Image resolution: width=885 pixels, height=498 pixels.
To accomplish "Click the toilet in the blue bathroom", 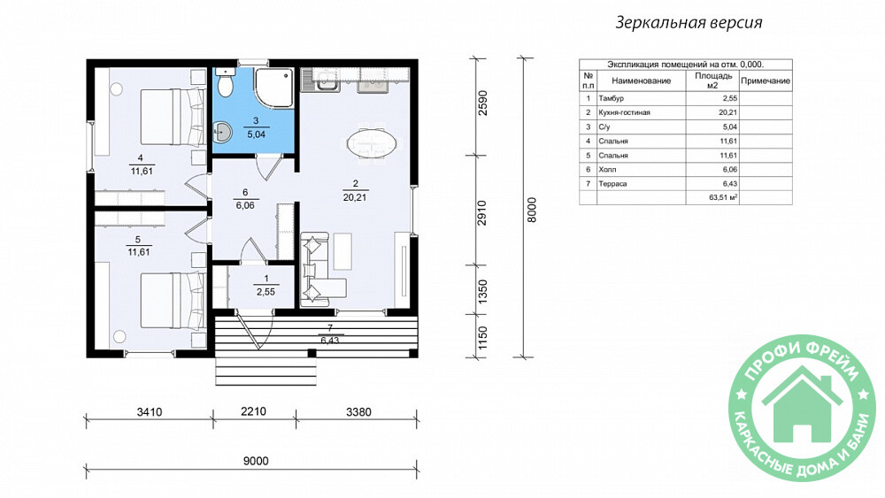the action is click(225, 82).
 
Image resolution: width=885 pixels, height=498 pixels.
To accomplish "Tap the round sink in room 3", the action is click(222, 133).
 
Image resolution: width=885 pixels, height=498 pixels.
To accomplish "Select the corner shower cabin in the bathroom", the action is click(273, 88).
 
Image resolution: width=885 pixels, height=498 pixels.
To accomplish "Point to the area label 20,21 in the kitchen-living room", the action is click(355, 198).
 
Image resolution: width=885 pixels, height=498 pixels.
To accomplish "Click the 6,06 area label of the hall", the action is click(245, 206).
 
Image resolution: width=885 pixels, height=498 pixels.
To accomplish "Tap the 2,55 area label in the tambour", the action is click(265, 292).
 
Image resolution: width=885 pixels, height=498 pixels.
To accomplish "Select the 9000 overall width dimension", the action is click(256, 461).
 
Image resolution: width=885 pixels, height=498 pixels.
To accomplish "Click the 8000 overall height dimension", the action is click(531, 210).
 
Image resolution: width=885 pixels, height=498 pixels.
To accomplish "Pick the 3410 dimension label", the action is click(149, 412).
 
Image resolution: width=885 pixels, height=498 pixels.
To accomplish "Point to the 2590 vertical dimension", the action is click(482, 103).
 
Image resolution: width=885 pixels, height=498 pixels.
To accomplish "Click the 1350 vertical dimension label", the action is click(482, 292).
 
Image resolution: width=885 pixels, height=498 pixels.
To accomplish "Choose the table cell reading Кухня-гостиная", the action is click(624, 112).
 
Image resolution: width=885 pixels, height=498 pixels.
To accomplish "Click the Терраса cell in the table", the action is click(612, 183).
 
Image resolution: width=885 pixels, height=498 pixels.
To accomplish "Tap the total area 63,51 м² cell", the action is click(724, 197).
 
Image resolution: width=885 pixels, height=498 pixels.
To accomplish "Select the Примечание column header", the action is click(766, 80).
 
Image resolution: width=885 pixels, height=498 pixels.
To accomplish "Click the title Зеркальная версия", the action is click(689, 23).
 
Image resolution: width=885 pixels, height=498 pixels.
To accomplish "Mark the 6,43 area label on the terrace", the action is click(329, 341).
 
